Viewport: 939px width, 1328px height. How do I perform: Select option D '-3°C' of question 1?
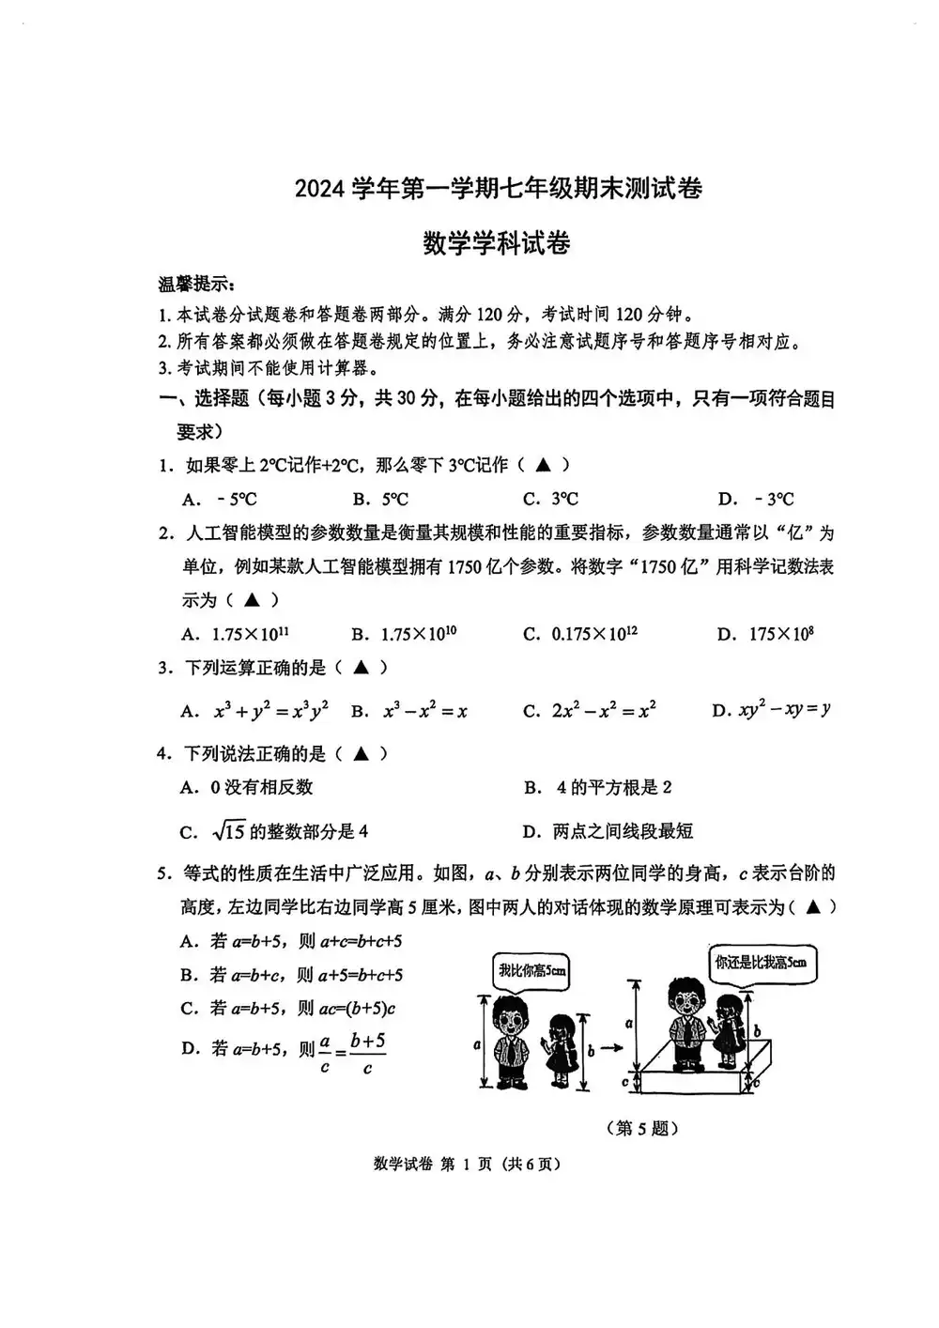tap(756, 499)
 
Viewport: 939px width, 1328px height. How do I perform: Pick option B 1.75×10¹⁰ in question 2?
tap(405, 634)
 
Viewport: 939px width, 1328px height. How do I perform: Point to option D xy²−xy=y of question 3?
tap(771, 711)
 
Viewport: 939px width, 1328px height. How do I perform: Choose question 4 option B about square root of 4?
tap(598, 787)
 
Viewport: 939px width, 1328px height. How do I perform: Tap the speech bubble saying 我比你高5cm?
tap(531, 970)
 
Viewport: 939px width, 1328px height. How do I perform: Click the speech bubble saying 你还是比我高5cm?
tap(760, 962)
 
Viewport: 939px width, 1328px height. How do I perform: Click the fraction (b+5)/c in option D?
tap(367, 1053)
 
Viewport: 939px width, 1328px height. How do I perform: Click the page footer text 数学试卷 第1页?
tap(467, 1164)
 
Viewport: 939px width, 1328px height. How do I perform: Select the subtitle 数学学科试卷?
tap(497, 243)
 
